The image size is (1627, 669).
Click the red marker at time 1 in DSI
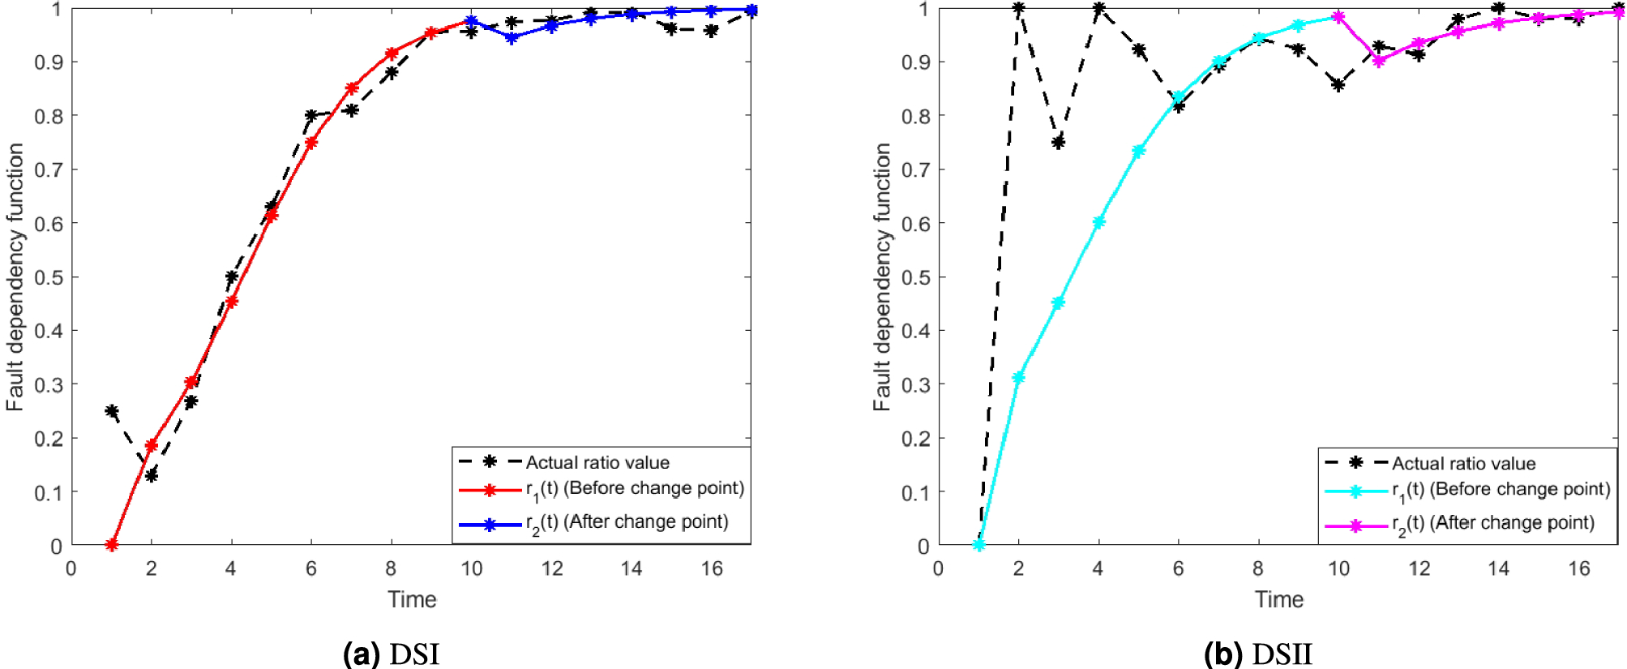(112, 545)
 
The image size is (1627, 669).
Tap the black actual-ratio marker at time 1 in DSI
(112, 411)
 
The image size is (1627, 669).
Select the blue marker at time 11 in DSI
(511, 37)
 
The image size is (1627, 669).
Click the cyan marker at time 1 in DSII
(978, 545)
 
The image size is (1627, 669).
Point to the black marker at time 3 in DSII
(1058, 142)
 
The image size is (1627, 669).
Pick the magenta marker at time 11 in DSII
(1378, 61)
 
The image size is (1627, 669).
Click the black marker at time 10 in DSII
(1338, 84)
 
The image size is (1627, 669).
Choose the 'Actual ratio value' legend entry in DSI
(597, 462)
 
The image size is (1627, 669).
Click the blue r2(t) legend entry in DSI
(627, 523)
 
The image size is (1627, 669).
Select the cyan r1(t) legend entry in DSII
(1500, 490)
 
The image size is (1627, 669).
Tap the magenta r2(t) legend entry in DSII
(1492, 524)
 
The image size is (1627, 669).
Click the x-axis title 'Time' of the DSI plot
(412, 599)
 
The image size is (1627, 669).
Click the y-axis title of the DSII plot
(881, 277)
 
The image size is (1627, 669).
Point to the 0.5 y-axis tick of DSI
(49, 277)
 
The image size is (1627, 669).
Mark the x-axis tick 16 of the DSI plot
(711, 568)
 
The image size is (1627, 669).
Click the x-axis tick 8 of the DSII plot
(1258, 568)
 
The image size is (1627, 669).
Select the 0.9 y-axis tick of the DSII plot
(915, 62)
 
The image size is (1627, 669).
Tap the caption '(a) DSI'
(391, 654)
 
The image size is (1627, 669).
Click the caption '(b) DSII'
(1257, 654)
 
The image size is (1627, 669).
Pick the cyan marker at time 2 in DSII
(1018, 377)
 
